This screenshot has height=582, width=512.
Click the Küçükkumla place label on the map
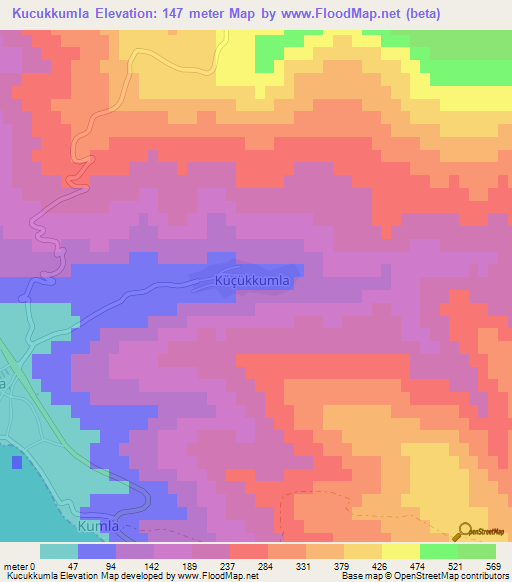(x=253, y=281)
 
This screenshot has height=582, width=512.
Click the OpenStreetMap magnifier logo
(x=465, y=531)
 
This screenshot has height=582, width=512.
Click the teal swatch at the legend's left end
(x=59, y=551)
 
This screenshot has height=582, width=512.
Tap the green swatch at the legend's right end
(x=476, y=551)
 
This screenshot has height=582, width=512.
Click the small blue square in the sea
(x=17, y=462)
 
